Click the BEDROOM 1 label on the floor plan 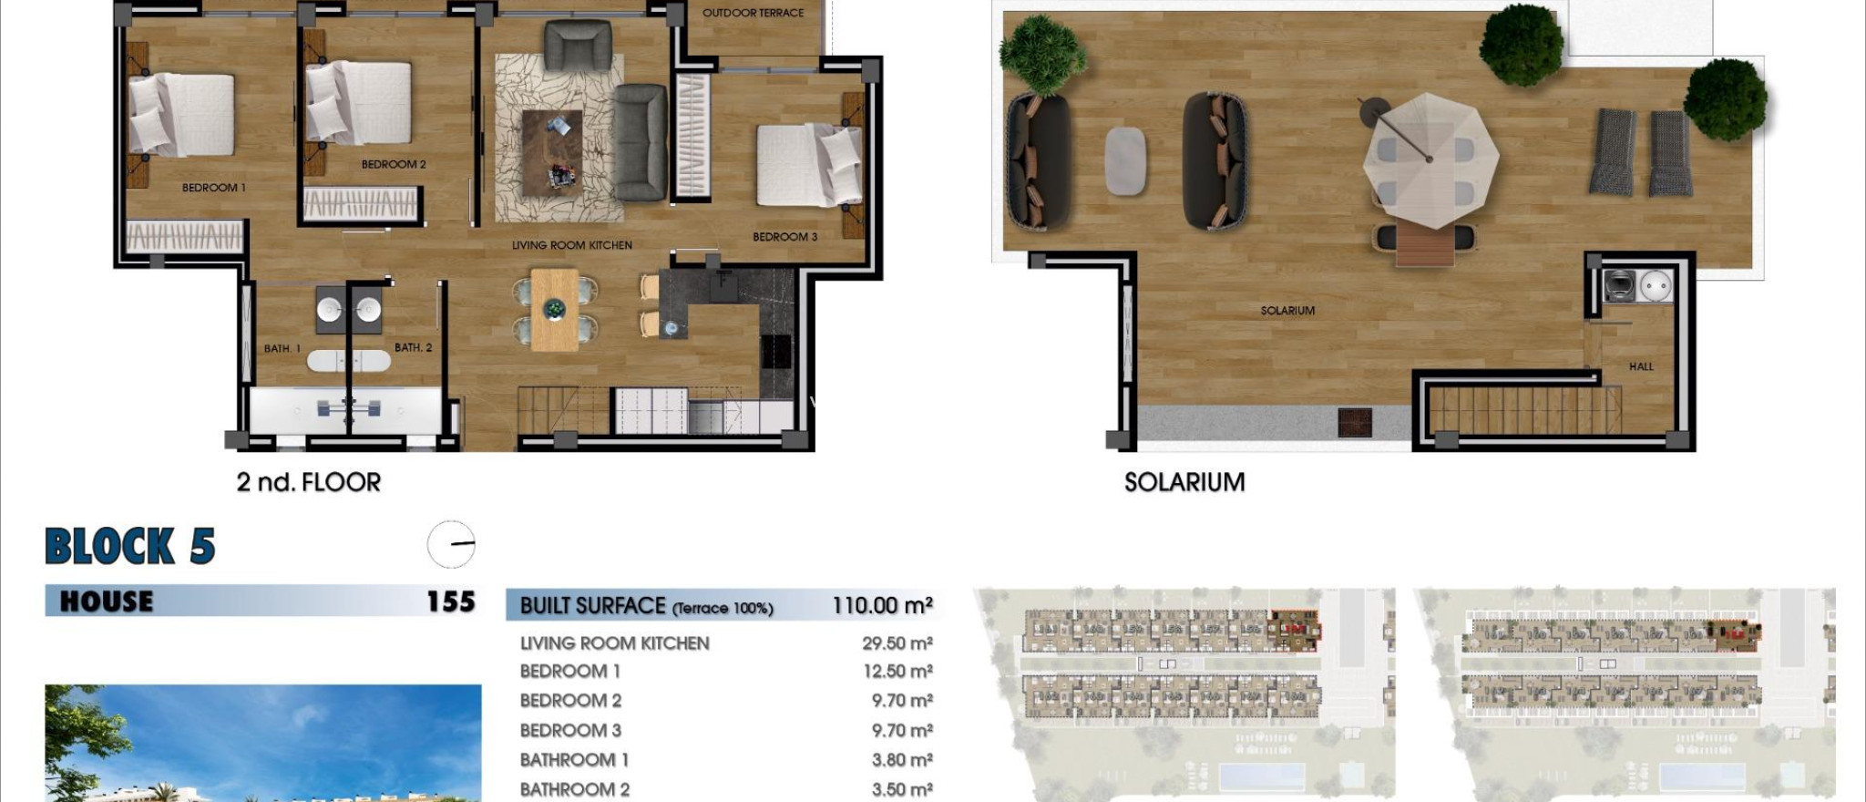click(x=213, y=188)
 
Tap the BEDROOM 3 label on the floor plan click(x=784, y=237)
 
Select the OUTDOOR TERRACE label click(x=753, y=13)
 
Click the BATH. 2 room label click(x=413, y=347)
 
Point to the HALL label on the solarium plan click(x=1640, y=366)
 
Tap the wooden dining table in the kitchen click(x=554, y=310)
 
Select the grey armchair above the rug click(x=577, y=46)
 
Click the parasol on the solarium click(x=1430, y=159)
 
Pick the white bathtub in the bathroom click(x=348, y=361)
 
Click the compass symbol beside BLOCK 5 click(x=451, y=544)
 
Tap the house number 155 click(x=450, y=601)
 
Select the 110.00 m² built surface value click(x=881, y=605)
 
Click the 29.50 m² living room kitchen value click(x=897, y=643)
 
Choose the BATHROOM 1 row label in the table click(x=574, y=760)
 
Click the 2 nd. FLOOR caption click(x=308, y=482)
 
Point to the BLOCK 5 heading click(x=129, y=546)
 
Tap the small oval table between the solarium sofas click(x=1125, y=160)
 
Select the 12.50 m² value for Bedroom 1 click(x=897, y=672)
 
